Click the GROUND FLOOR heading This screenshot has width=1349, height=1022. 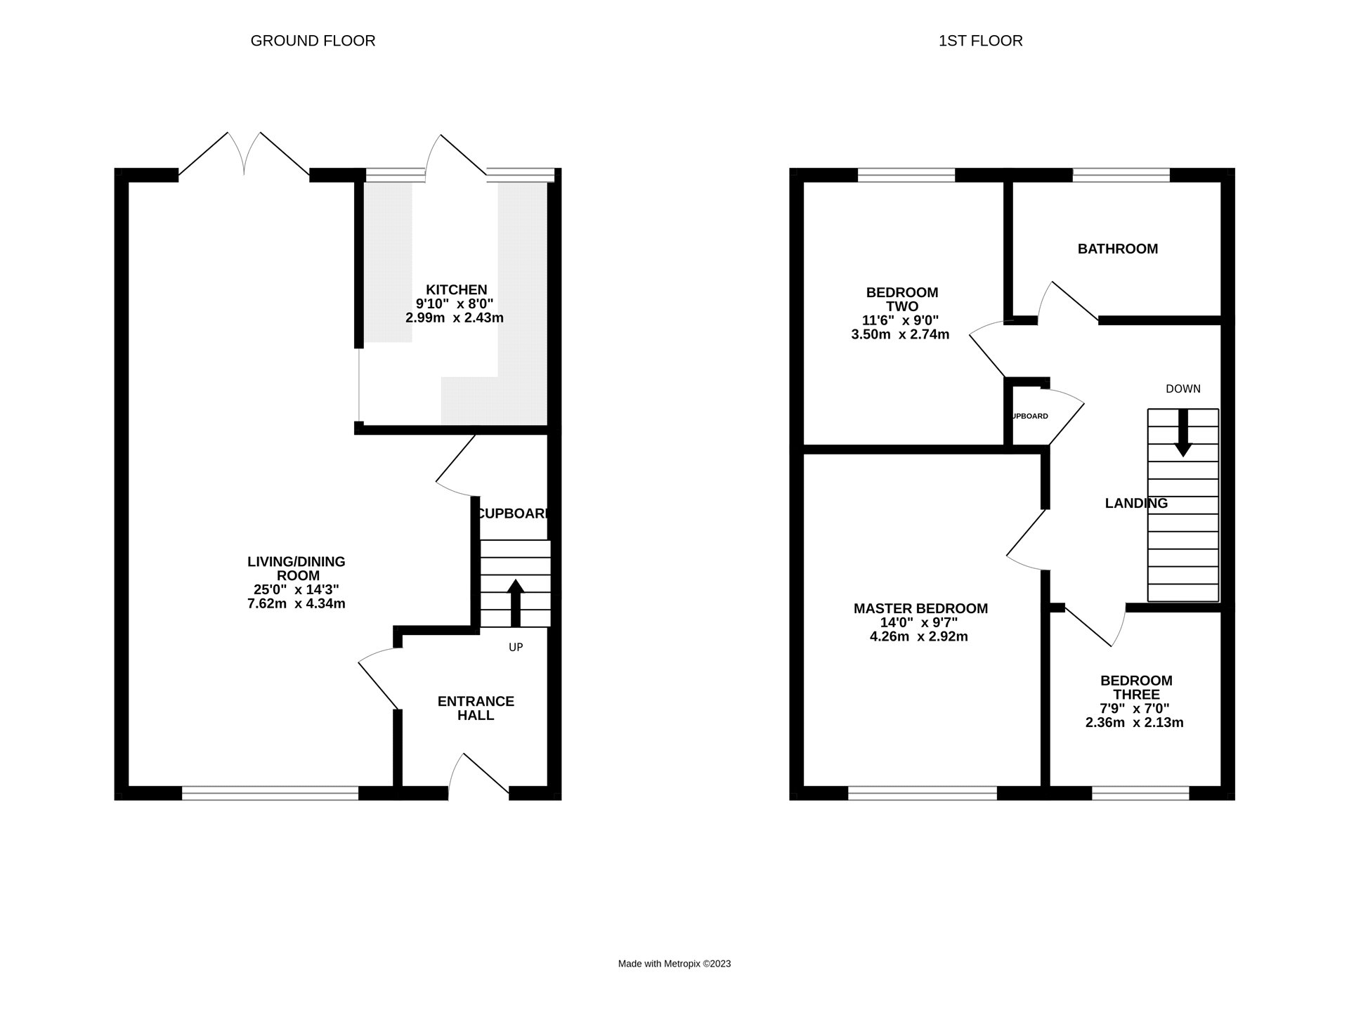[313, 41]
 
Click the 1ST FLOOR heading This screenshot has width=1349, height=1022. [980, 41]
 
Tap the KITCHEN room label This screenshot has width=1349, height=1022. [456, 289]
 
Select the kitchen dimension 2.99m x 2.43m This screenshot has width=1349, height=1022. [455, 317]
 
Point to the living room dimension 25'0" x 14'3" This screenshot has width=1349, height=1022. [296, 590]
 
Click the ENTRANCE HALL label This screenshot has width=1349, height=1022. [476, 708]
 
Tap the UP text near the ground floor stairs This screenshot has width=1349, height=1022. [516, 647]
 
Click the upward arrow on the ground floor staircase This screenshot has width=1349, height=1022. [516, 603]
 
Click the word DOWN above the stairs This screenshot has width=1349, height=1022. [1183, 388]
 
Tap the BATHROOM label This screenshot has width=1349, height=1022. [1118, 249]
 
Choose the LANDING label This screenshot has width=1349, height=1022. [1136, 503]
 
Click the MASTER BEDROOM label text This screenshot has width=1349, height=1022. [920, 609]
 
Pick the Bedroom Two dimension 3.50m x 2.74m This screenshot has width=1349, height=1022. [900, 334]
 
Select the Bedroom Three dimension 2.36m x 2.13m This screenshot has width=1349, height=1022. [1134, 722]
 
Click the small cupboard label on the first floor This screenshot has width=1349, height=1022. [1029, 416]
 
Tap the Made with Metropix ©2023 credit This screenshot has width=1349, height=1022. [674, 964]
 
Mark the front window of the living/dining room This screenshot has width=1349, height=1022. [271, 793]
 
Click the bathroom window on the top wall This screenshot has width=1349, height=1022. [1121, 175]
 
